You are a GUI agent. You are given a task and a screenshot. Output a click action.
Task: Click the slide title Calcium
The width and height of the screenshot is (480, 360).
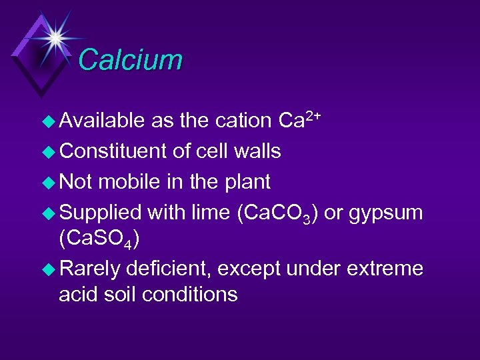pyautogui.click(x=130, y=59)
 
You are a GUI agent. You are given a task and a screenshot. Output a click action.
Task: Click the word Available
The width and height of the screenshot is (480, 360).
pyautogui.click(x=102, y=121)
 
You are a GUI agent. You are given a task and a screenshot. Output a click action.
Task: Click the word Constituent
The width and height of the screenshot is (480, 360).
pyautogui.click(x=113, y=151)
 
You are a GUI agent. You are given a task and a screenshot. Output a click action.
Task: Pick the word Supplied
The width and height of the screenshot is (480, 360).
pyautogui.click(x=101, y=213)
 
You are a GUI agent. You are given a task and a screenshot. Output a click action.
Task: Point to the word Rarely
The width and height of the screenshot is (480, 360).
pyautogui.click(x=91, y=269)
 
